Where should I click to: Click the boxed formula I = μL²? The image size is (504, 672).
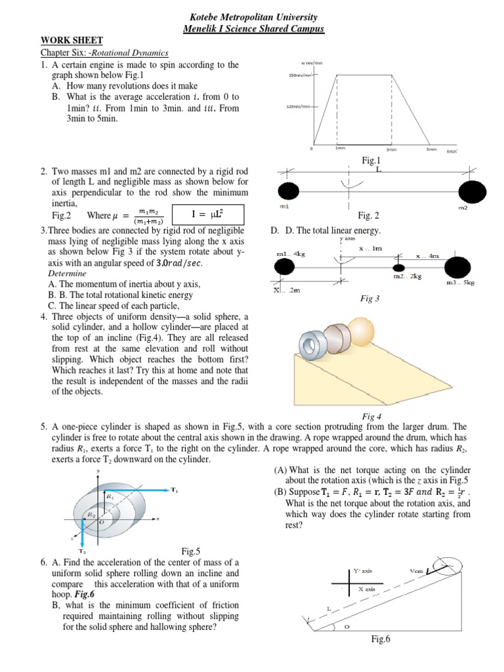pos(207,215)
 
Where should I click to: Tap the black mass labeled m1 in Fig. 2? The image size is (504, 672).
pos(288,191)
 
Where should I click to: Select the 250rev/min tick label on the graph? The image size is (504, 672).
pos(299,75)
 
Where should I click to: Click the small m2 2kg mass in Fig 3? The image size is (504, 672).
pos(397,267)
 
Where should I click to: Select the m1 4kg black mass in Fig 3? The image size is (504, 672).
pos(283,266)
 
